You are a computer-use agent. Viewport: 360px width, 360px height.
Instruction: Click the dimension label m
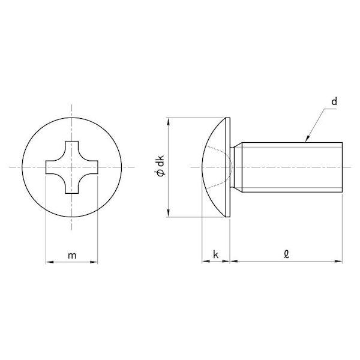[72, 256]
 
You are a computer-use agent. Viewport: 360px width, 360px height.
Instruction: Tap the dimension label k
[216, 254]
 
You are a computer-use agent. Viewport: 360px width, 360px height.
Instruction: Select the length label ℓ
[286, 254]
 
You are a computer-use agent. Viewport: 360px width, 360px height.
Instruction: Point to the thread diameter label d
[334, 101]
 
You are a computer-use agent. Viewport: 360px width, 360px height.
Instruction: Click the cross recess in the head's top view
[72, 167]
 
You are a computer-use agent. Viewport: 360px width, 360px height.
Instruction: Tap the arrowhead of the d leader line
[308, 139]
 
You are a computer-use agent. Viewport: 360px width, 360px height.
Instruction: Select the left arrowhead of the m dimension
[50, 262]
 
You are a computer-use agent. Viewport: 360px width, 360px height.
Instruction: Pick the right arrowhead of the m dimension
[94, 262]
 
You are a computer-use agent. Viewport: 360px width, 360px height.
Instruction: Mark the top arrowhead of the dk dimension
[169, 121]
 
